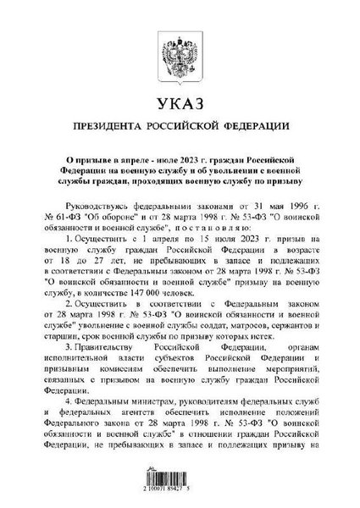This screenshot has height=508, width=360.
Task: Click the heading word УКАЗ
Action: click(180, 107)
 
